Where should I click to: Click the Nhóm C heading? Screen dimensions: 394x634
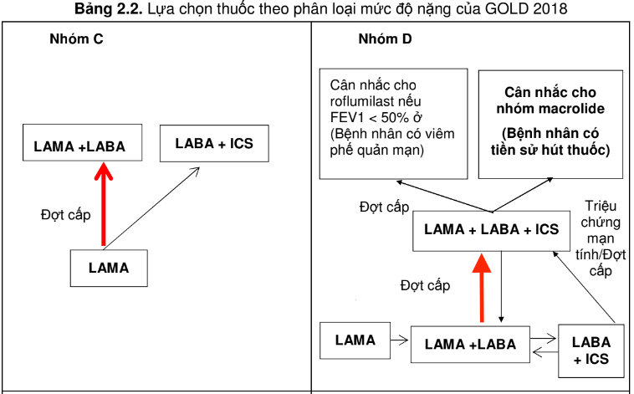[77, 39]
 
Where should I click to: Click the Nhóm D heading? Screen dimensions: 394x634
[384, 39]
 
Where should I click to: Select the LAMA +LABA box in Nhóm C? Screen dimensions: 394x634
[79, 146]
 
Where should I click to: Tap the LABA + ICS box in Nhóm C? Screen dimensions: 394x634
[214, 144]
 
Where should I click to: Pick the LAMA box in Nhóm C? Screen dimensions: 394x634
[109, 268]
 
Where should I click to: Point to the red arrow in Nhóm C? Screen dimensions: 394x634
[103, 205]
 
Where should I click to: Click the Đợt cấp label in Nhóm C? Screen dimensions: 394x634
[64, 215]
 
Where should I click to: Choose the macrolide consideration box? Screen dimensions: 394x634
[550, 123]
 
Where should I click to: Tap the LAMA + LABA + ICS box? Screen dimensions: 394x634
[492, 229]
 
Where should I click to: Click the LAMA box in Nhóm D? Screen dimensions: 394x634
[355, 340]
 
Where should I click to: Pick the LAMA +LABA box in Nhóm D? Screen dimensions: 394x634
[469, 344]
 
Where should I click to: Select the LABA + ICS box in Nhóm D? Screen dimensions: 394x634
[591, 351]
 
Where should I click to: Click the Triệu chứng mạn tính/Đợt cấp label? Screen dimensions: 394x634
[600, 239]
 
